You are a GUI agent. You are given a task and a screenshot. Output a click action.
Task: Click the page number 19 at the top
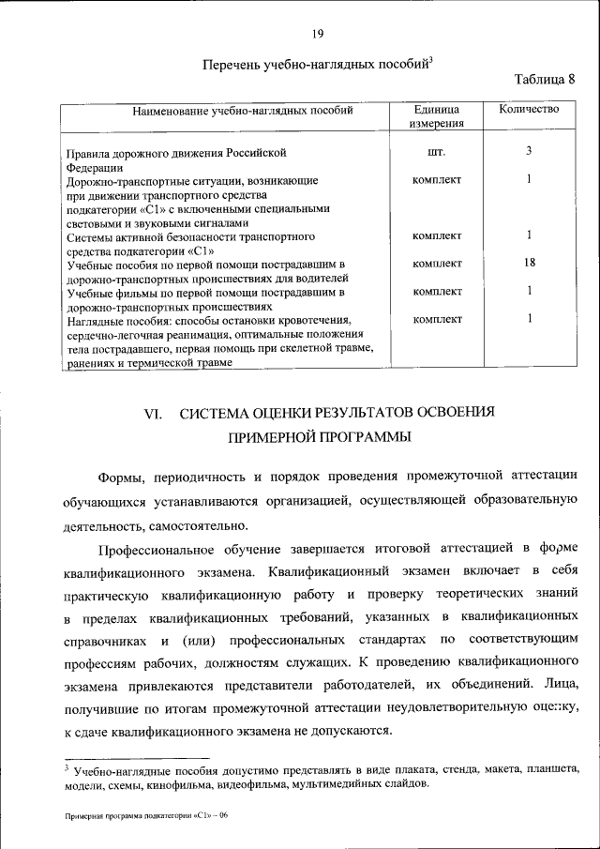point(318,34)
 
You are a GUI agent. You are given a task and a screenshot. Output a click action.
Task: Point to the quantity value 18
point(530,263)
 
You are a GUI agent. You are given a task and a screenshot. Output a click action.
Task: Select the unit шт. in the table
point(437,151)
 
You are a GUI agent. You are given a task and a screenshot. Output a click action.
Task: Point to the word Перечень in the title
point(232,65)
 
